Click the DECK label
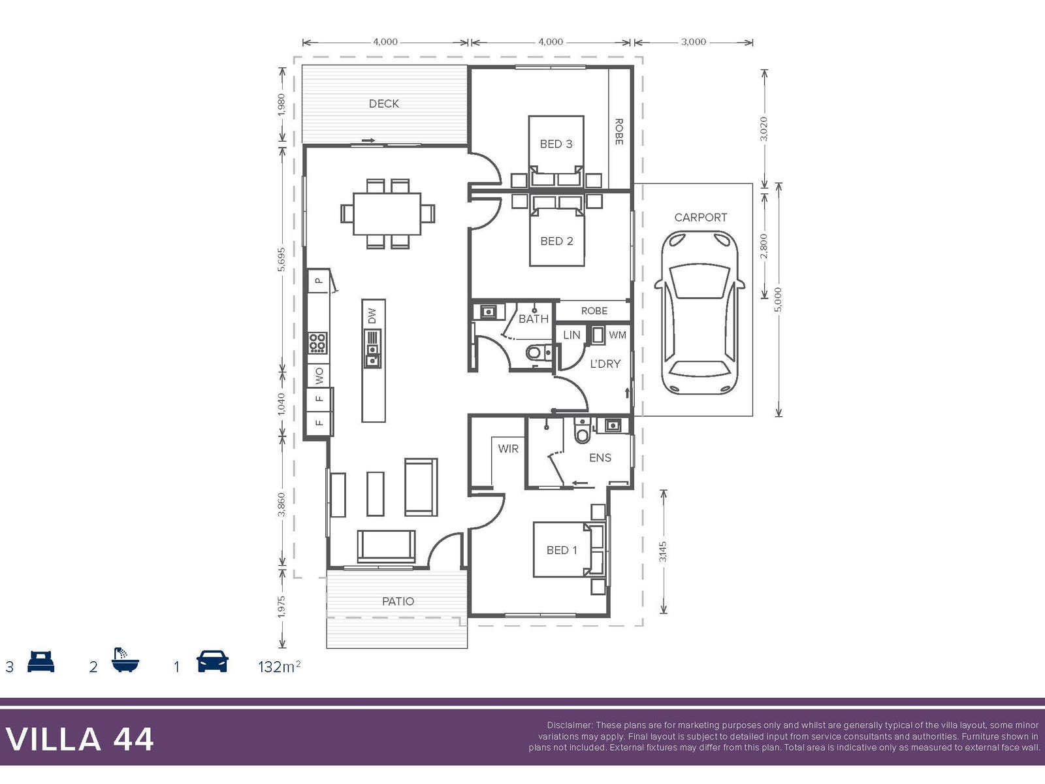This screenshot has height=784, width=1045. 384,103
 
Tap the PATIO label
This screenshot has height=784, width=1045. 398,601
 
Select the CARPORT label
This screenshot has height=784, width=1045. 700,218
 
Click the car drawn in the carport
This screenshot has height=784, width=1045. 699,312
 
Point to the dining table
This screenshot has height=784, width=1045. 387,214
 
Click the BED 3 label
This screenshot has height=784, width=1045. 556,144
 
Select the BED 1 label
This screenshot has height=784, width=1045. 562,550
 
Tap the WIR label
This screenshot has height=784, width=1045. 508,448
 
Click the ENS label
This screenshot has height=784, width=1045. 600,458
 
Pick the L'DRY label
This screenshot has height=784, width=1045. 605,364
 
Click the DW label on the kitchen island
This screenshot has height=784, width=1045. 372,316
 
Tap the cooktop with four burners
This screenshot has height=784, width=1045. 317,343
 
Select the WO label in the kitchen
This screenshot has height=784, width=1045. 319,376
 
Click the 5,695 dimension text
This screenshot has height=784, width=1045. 281,259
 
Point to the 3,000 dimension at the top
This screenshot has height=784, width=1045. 693,42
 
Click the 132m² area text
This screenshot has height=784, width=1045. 279,666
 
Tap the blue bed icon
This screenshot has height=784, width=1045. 41,661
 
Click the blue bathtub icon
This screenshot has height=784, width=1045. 125,660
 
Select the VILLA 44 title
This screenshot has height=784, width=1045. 80,740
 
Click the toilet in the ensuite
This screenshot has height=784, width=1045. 582,431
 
